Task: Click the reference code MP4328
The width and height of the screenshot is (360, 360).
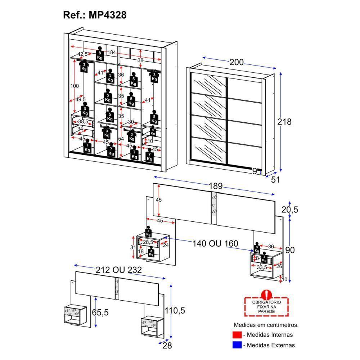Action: (107, 15)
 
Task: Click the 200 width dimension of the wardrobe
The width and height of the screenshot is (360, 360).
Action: (237, 62)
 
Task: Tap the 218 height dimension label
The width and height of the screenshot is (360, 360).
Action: (284, 122)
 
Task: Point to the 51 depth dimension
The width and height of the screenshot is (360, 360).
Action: (275, 180)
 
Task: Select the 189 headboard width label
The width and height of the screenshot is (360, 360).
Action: (216, 186)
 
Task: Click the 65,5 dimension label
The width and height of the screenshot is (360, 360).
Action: (100, 312)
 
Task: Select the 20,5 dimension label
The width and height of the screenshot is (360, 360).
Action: (290, 210)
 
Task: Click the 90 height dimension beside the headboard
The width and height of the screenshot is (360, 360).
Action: (290, 250)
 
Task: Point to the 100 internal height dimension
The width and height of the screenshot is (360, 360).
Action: (75, 86)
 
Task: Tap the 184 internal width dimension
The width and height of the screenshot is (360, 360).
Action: (112, 53)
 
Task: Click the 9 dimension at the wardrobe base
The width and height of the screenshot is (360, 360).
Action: (255, 171)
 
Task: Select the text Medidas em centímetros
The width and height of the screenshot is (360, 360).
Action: (266, 325)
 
